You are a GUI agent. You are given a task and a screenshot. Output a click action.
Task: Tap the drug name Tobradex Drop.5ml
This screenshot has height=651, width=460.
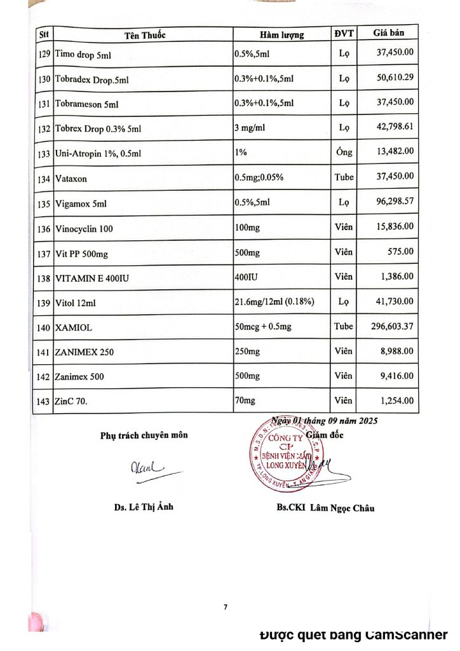(x=96, y=80)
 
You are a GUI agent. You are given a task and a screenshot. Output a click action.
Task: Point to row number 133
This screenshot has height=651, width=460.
(x=44, y=154)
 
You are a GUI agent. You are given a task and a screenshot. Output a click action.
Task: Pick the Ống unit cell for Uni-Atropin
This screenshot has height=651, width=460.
(x=344, y=153)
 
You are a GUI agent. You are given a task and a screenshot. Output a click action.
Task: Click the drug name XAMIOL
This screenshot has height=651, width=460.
(x=76, y=328)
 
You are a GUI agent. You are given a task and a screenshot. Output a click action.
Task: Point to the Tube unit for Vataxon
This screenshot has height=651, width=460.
(x=344, y=177)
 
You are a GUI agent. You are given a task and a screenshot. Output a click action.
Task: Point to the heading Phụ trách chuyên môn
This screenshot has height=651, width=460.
(x=144, y=435)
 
